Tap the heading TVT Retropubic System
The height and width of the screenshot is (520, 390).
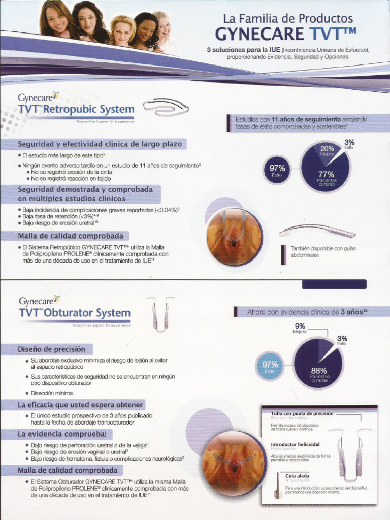(76, 109)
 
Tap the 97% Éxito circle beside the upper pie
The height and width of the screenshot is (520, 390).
(277, 170)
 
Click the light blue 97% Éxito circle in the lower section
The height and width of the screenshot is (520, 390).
(270, 367)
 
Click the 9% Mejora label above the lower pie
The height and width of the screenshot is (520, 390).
(300, 328)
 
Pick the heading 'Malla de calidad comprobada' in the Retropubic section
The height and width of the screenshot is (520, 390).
(71, 236)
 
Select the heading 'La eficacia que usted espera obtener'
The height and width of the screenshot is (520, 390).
(81, 405)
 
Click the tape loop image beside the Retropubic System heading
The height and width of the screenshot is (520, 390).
(166, 108)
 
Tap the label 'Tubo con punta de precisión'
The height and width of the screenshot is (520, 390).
(302, 414)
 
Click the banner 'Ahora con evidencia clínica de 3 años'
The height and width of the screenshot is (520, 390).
(307, 312)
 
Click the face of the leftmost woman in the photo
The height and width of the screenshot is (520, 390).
(56, 20)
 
